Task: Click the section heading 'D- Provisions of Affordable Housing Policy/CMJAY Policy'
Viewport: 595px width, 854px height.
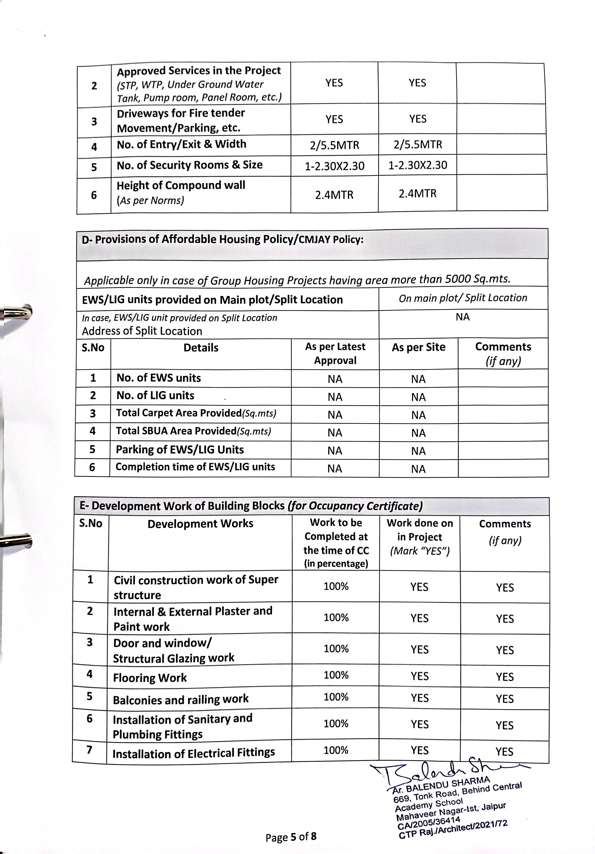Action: [x=222, y=239]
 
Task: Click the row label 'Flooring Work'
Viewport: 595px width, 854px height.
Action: [x=150, y=678]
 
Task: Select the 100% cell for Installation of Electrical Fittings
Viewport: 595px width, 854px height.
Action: [x=336, y=750]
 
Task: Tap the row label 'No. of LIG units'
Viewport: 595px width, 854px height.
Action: [x=155, y=395]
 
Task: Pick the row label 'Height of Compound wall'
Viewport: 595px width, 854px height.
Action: [x=181, y=185]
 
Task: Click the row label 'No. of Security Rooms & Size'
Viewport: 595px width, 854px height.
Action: [x=190, y=165]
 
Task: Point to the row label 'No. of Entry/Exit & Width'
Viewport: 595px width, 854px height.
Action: [x=181, y=144]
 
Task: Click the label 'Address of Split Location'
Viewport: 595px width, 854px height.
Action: [x=142, y=331]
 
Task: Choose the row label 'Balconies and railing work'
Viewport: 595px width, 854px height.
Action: [x=181, y=700]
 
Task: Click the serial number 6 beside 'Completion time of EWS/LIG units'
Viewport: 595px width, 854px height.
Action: [x=92, y=467]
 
